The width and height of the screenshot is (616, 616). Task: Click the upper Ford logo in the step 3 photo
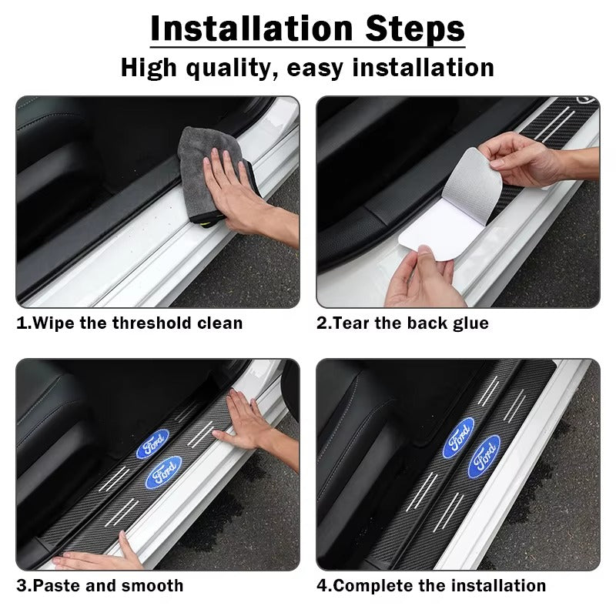(x=153, y=444)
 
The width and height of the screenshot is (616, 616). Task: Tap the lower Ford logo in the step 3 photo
(x=164, y=470)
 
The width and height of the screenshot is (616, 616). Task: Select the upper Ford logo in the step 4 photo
(x=459, y=437)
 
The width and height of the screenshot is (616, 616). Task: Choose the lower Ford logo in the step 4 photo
(x=485, y=454)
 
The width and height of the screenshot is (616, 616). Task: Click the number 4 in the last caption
(x=322, y=586)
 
